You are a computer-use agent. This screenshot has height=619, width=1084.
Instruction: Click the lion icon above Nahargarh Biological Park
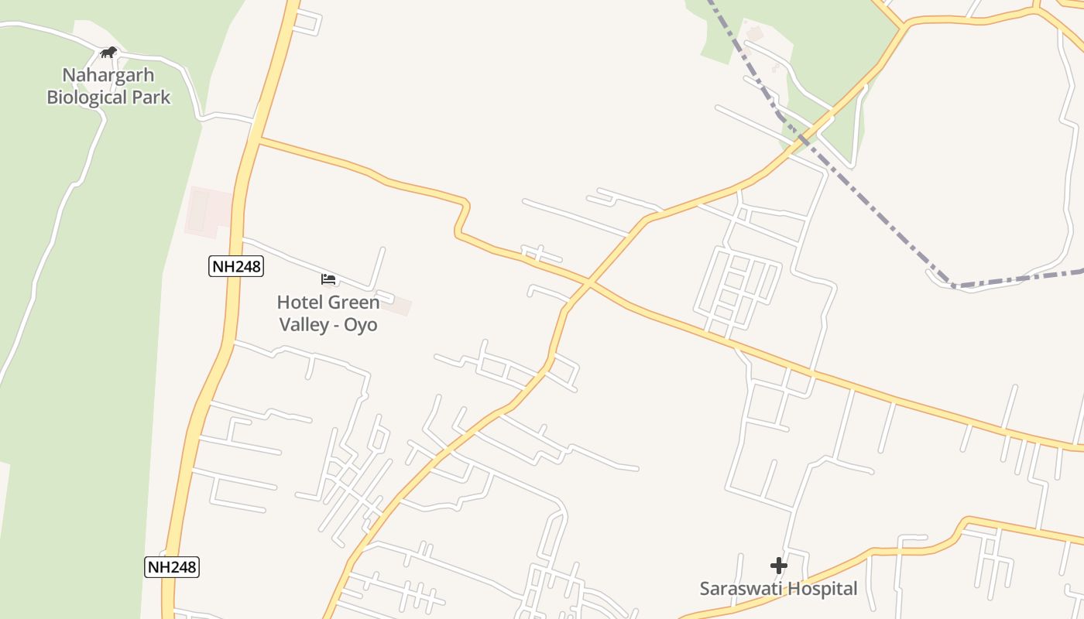tap(108, 53)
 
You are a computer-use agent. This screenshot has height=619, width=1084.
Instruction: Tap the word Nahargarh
tap(108, 75)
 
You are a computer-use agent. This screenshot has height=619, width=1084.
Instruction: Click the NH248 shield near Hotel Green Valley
tap(236, 267)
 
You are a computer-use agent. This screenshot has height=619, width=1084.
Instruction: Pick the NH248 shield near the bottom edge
tap(172, 567)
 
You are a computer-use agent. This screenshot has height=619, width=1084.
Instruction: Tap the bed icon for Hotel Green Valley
tap(328, 279)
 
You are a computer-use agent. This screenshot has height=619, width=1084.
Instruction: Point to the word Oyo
tap(361, 324)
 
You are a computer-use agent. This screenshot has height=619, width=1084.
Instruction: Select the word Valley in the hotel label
tap(304, 324)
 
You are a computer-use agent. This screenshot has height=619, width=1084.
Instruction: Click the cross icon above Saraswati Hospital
tap(779, 566)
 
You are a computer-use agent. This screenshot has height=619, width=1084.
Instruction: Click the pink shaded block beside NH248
tap(208, 210)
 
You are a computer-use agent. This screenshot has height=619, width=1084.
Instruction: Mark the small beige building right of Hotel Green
tap(398, 306)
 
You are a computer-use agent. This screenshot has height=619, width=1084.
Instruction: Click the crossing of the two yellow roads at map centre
tap(588, 284)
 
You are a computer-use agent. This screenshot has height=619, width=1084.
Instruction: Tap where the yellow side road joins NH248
tap(257, 140)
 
